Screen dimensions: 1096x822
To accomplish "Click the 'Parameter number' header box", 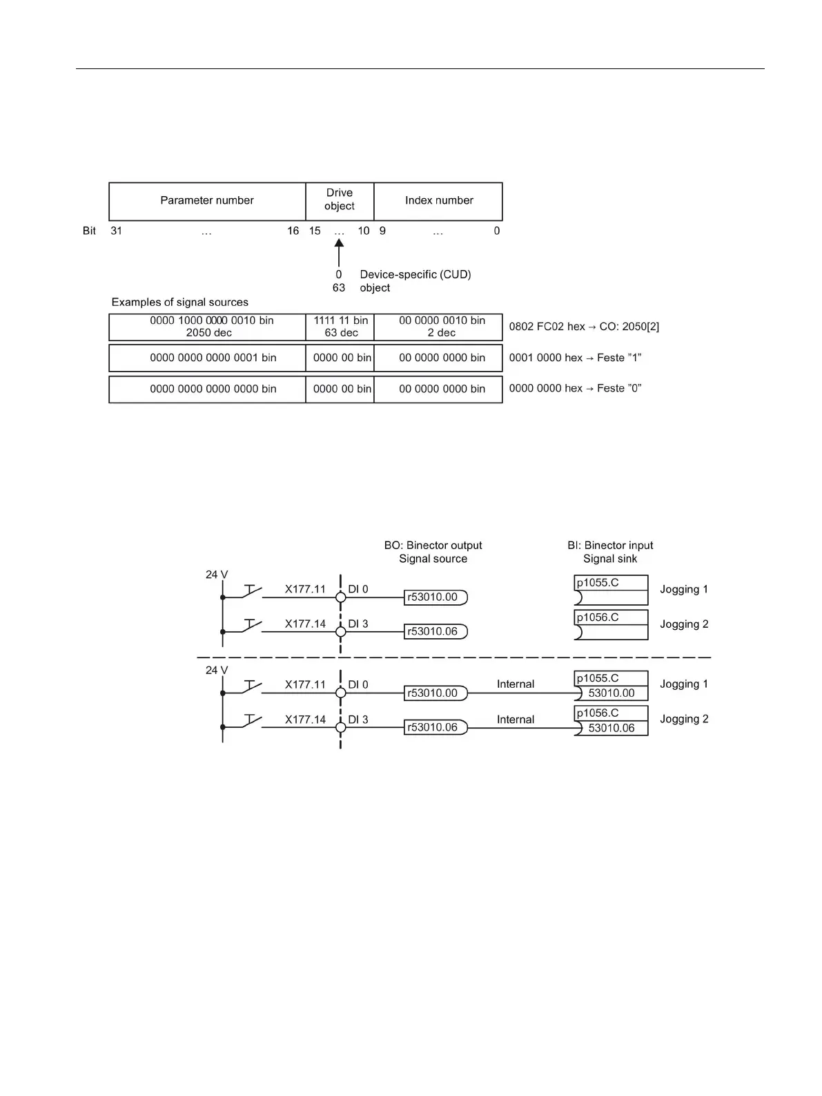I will [x=207, y=201].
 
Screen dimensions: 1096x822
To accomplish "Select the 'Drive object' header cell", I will [x=340, y=200].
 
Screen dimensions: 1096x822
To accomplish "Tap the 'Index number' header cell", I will [x=439, y=201].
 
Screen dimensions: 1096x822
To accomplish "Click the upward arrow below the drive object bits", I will [x=339, y=252].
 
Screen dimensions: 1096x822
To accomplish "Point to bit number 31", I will [x=116, y=231].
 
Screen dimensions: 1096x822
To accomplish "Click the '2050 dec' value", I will [x=208, y=333].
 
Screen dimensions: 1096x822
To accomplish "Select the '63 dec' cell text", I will [x=341, y=333].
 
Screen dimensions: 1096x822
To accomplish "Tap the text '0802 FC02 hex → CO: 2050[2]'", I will [x=584, y=327].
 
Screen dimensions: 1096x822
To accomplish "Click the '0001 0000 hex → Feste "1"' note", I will [x=575, y=358].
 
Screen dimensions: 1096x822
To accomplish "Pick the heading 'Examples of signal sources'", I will [x=179, y=302].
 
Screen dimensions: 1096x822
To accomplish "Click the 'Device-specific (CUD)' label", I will [x=415, y=274].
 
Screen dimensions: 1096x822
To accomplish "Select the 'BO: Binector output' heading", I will [x=433, y=546].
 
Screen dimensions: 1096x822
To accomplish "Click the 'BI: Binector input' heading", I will [x=610, y=546].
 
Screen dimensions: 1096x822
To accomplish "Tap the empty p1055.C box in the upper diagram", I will [x=611, y=590].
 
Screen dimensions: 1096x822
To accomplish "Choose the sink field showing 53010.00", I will [x=611, y=693].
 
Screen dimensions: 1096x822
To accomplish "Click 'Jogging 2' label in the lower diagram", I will [x=684, y=719].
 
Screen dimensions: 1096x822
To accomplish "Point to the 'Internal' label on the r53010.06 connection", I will [x=515, y=720].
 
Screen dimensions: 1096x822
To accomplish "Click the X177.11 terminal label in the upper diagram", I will [x=305, y=589].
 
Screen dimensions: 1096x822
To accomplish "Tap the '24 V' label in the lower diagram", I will [x=217, y=670].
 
